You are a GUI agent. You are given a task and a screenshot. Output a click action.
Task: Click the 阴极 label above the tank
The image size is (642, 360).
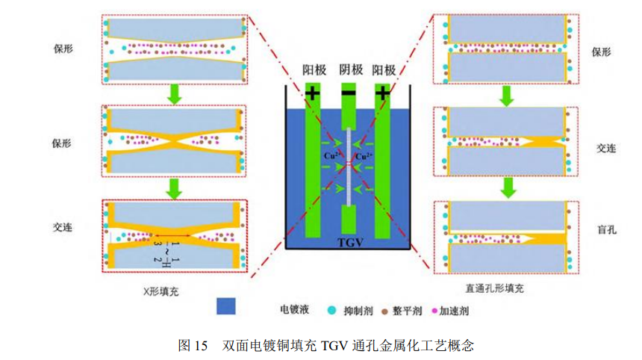pos(350,70)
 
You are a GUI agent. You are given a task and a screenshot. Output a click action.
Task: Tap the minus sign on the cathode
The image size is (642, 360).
pos(349,93)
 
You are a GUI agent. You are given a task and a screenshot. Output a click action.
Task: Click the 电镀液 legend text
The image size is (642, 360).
pos(290,308)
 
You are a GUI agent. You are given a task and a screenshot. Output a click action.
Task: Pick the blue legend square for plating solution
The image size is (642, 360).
pos(225,307)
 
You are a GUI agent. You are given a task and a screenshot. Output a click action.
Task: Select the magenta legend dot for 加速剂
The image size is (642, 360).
pos(435,308)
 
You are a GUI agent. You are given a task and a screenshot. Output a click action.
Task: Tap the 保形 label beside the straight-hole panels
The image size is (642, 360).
pos(602,52)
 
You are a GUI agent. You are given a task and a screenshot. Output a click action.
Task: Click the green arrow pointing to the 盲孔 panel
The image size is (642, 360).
pos(505,187)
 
